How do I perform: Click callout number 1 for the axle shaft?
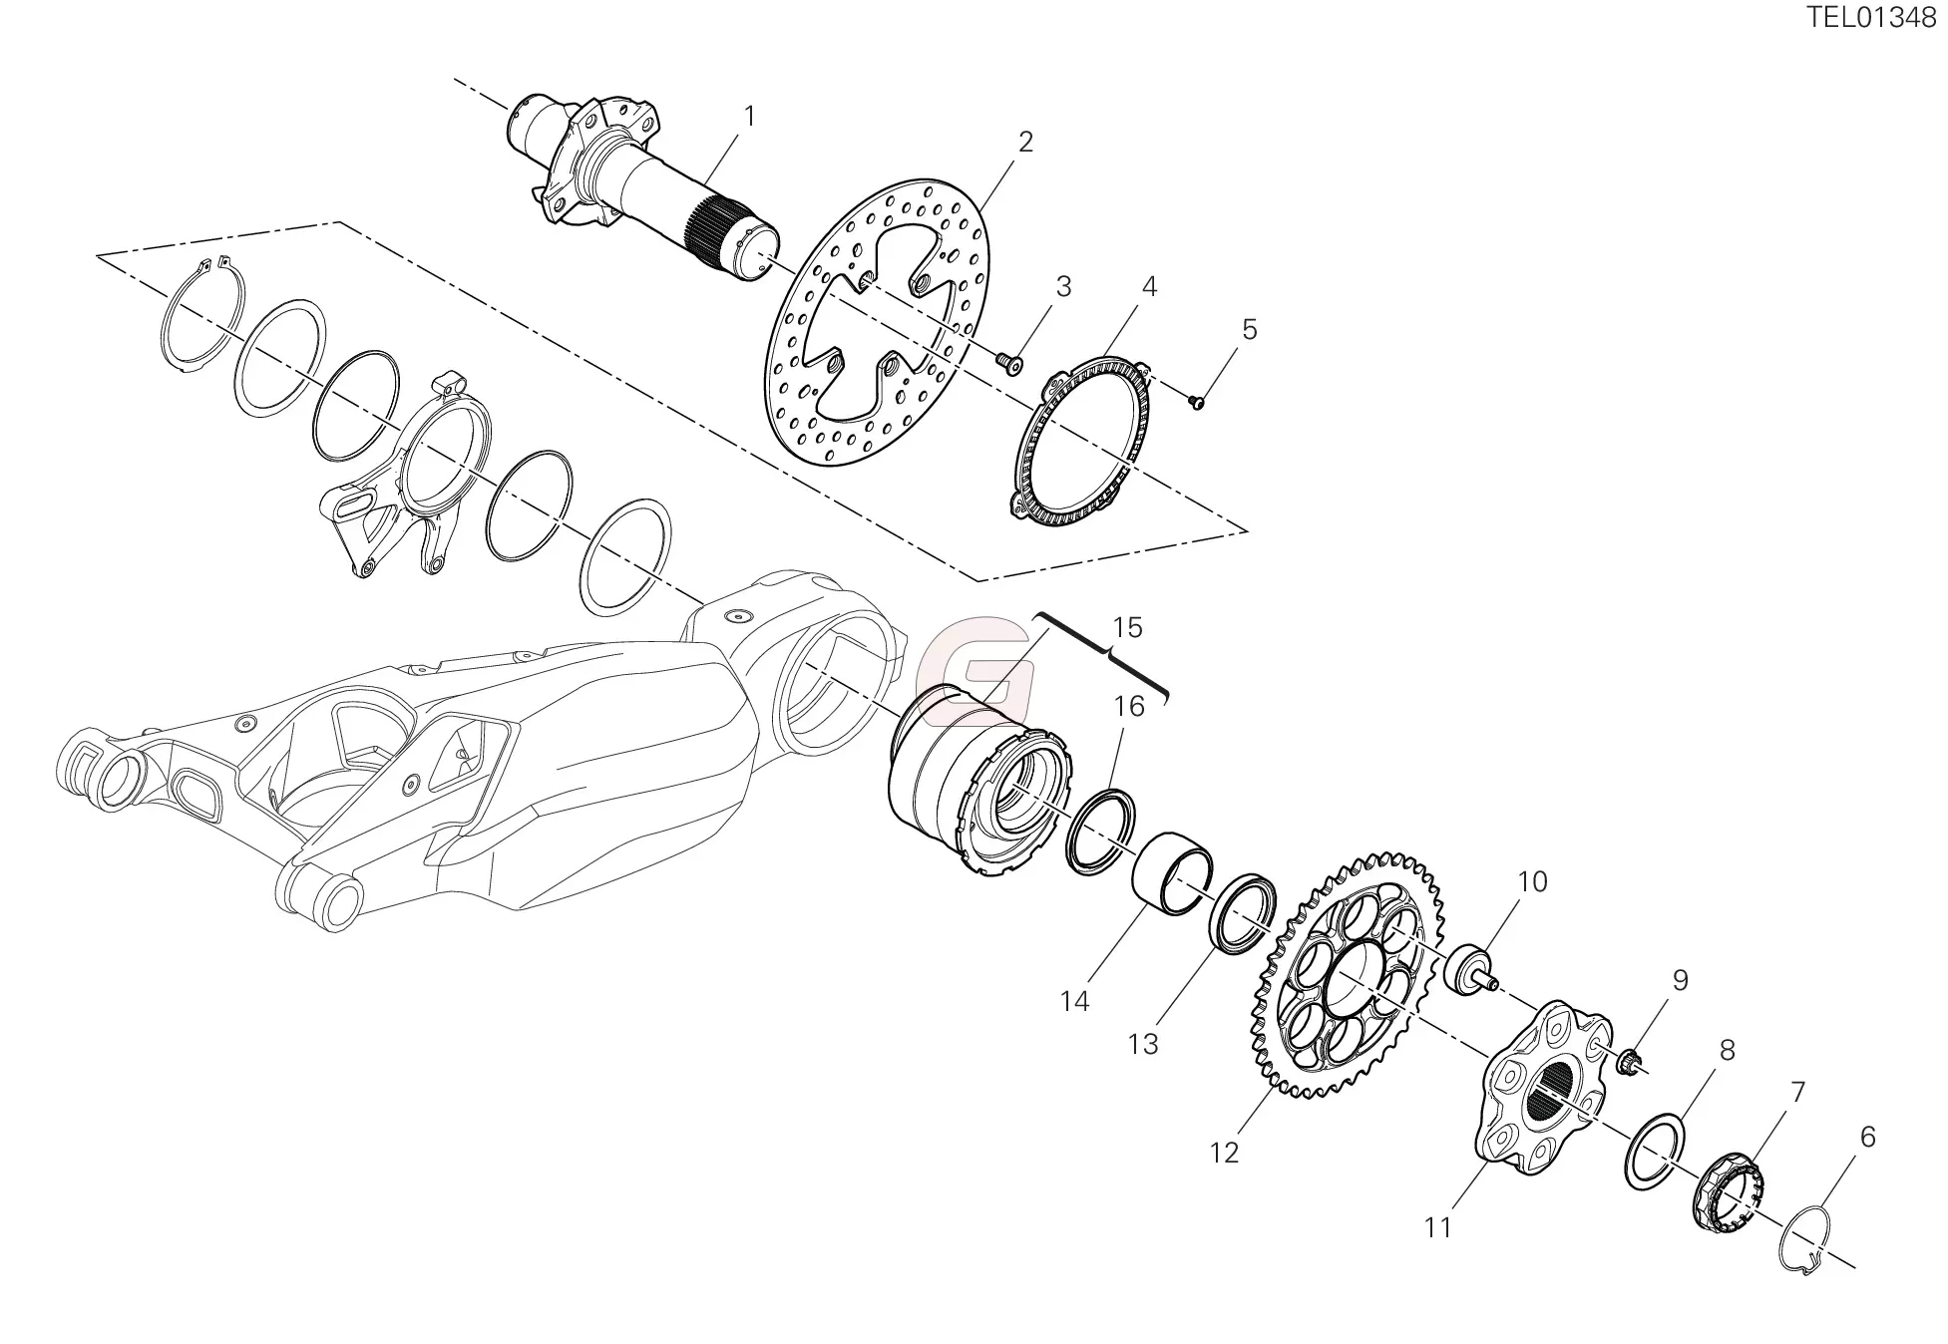coord(749,118)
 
